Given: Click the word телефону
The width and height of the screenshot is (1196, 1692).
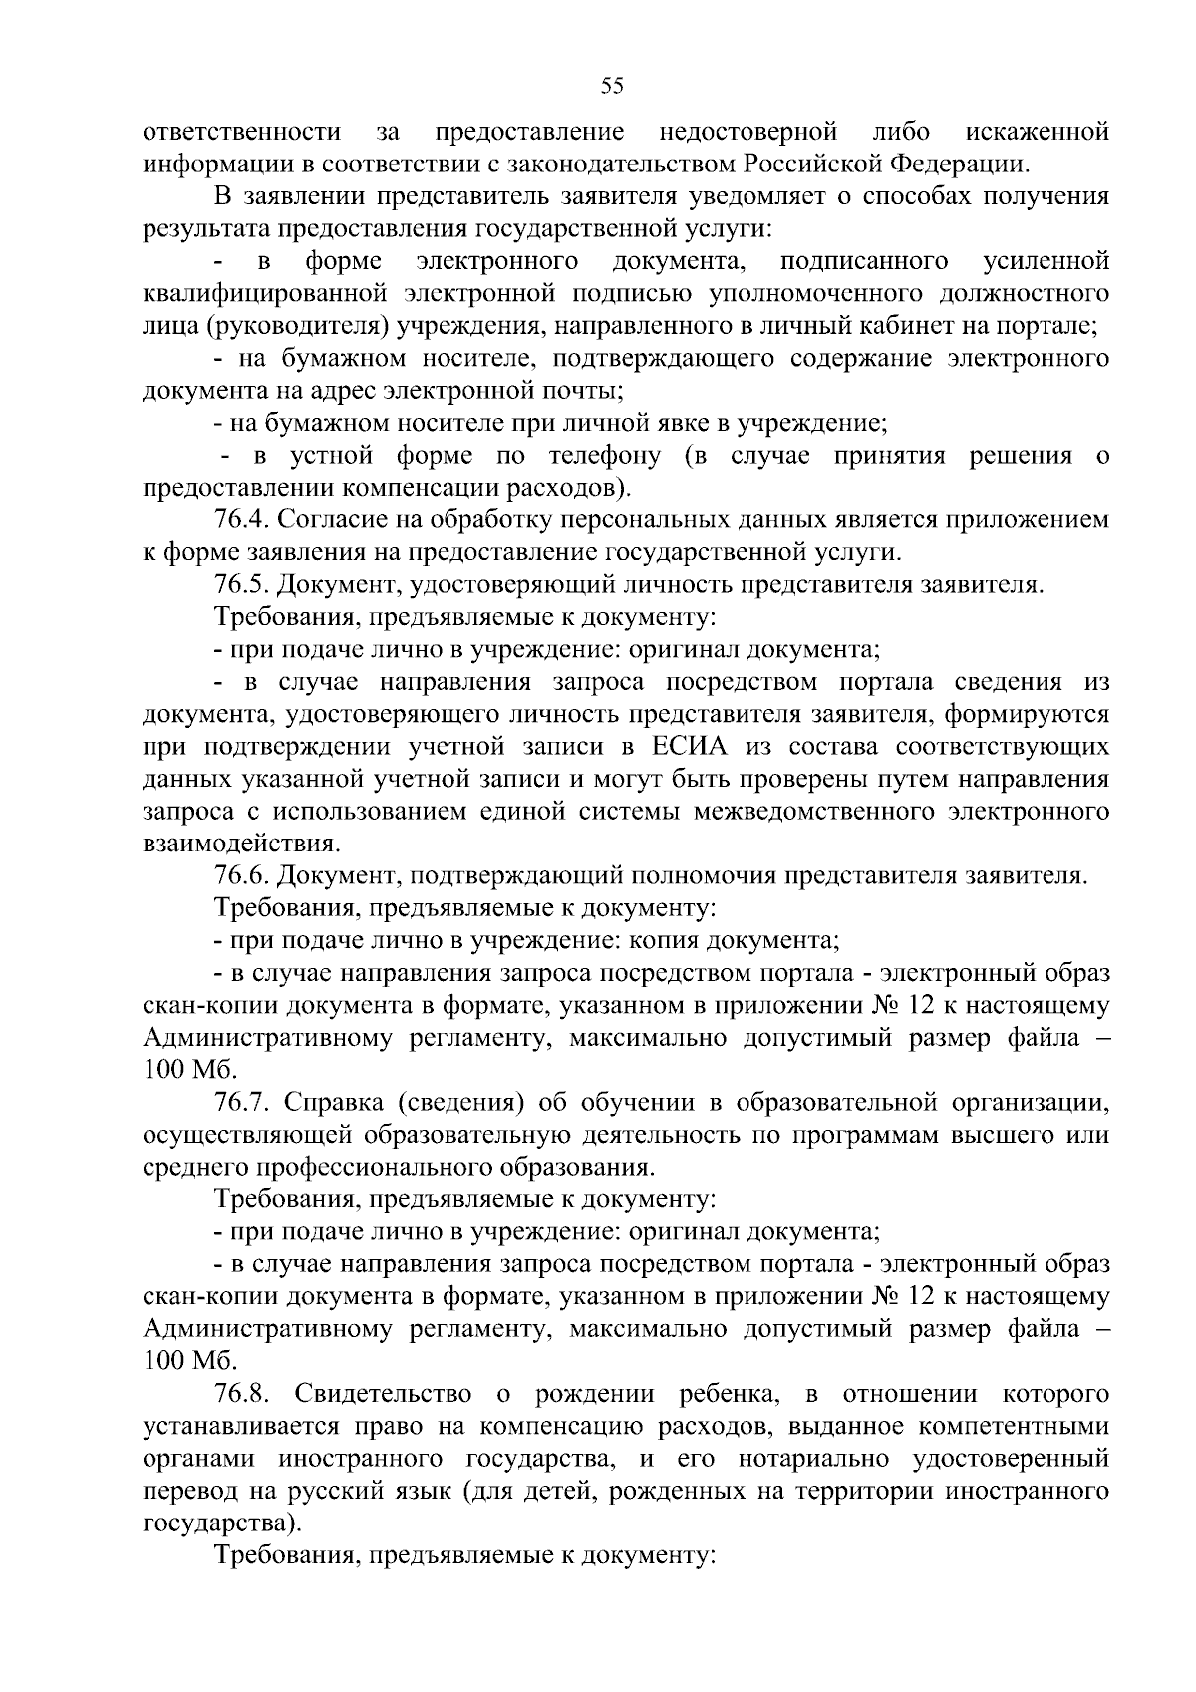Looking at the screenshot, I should click(604, 456).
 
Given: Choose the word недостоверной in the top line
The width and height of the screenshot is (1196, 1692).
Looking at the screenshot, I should click(747, 132).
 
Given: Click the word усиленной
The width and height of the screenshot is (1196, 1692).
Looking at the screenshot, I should click(1046, 261).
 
